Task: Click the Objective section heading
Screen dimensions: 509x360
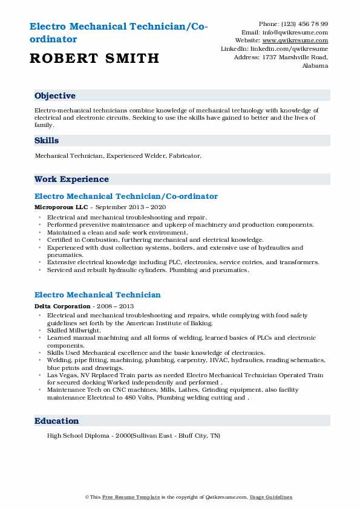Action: (x=55, y=96)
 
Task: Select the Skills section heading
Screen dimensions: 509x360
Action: (x=47, y=140)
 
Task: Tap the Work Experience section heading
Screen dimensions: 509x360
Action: (x=71, y=179)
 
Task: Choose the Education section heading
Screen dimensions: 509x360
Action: (x=56, y=421)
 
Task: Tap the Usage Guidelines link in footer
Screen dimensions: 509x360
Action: (x=272, y=497)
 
